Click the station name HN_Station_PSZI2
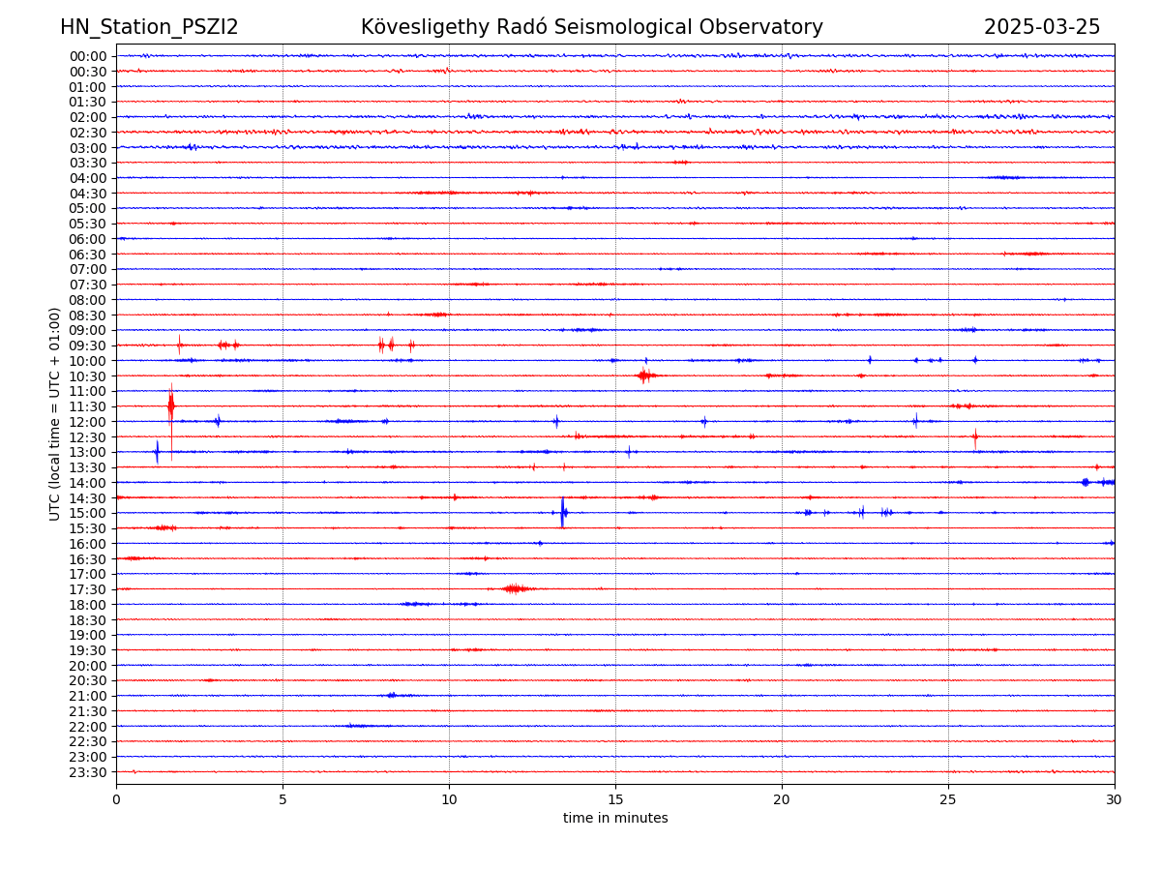pyautogui.click(x=149, y=28)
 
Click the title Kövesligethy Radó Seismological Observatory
pyautogui.click(x=591, y=28)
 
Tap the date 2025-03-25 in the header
pyautogui.click(x=1042, y=28)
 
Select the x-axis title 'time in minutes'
pyautogui.click(x=615, y=819)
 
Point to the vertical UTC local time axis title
pyautogui.click(x=56, y=413)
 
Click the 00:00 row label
pyautogui.click(x=88, y=56)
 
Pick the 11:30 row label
pyautogui.click(x=88, y=406)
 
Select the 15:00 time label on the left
pyautogui.click(x=88, y=513)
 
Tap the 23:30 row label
pyautogui.click(x=88, y=772)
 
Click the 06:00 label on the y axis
pyautogui.click(x=88, y=239)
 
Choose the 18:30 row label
pyautogui.click(x=88, y=619)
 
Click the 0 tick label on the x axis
pyautogui.click(x=116, y=800)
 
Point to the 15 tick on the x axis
pyautogui.click(x=615, y=800)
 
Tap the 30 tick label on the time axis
pyautogui.click(x=1115, y=800)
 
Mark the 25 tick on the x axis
pyautogui.click(x=948, y=800)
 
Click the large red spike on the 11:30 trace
pyautogui.click(x=171, y=406)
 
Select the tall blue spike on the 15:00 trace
pyautogui.click(x=562, y=512)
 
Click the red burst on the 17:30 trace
pyautogui.click(x=516, y=588)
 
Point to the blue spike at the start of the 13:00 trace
pyautogui.click(x=157, y=451)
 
